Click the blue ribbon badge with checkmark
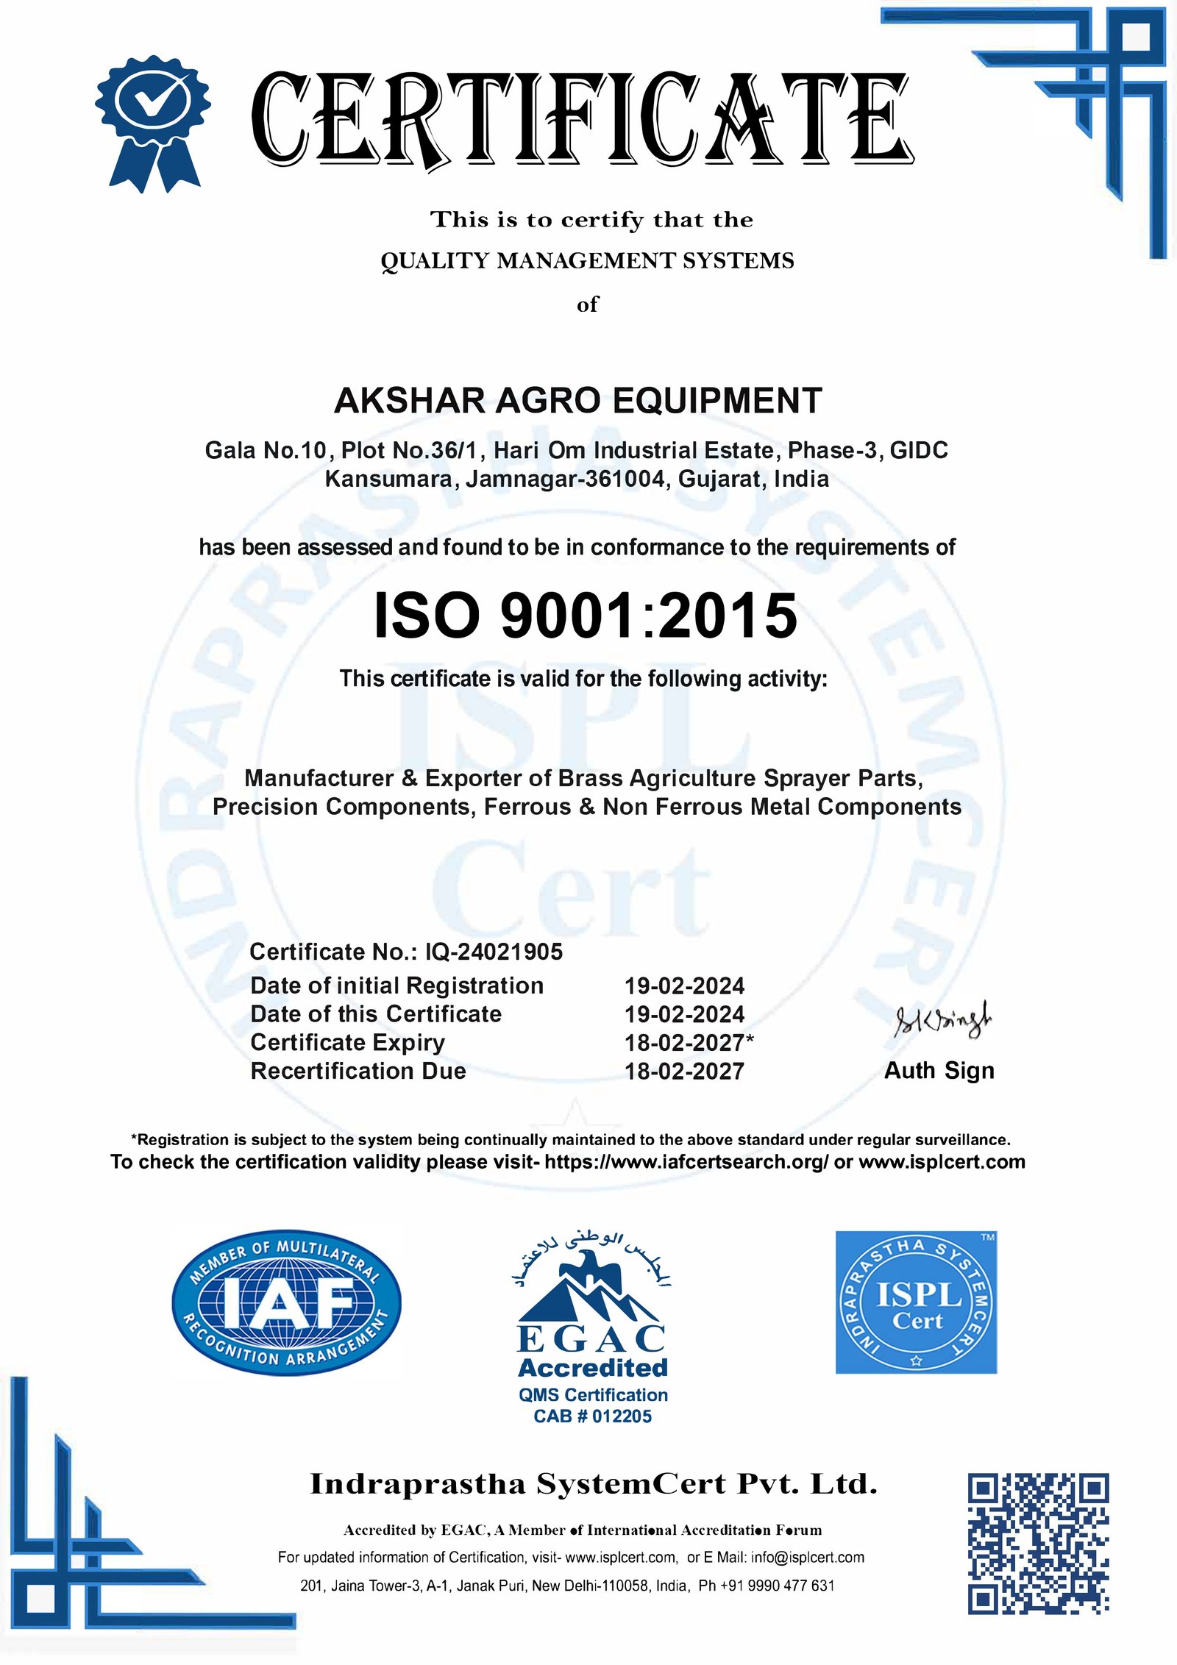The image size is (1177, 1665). [153, 121]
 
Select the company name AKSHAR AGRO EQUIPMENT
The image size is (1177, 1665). [577, 401]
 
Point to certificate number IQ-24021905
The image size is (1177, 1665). [494, 952]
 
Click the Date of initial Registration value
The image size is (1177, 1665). [684, 985]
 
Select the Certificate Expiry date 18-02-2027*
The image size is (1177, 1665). [689, 1042]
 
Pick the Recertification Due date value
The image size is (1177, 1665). [684, 1071]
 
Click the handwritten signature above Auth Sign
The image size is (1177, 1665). [942, 1021]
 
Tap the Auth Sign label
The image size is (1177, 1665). [939, 1070]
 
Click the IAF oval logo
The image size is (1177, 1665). [287, 1302]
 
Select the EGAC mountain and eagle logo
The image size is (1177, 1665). [592, 1294]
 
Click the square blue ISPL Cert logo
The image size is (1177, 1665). [916, 1302]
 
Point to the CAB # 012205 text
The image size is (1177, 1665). [592, 1416]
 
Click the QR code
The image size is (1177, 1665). [1038, 1544]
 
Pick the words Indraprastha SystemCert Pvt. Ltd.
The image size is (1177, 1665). [594, 1484]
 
